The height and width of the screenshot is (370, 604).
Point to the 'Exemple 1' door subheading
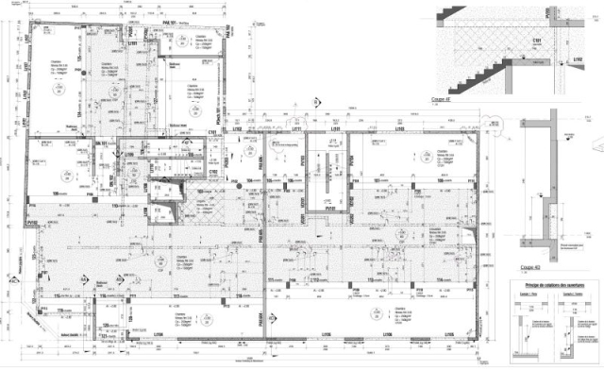[522, 294]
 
